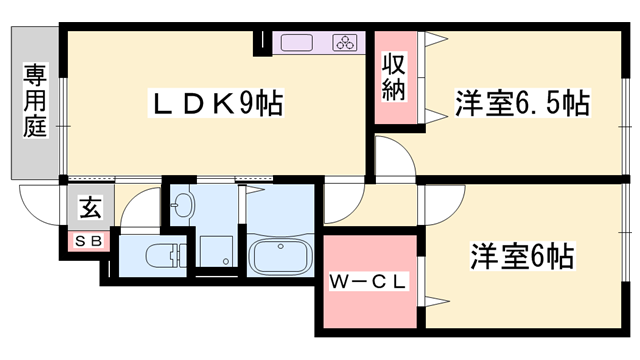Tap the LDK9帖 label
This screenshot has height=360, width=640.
click(214, 102)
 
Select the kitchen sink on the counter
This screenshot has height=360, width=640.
click(298, 42)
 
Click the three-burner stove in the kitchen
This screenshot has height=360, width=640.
click(345, 42)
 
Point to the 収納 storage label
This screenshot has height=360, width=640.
click(394, 78)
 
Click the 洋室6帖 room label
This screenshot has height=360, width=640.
click(522, 257)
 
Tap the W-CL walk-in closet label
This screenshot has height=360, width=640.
click(368, 283)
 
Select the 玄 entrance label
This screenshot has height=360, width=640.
click(90, 209)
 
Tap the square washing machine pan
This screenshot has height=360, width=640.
click(214, 250)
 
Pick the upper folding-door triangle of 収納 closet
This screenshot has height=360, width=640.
click(433, 42)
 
